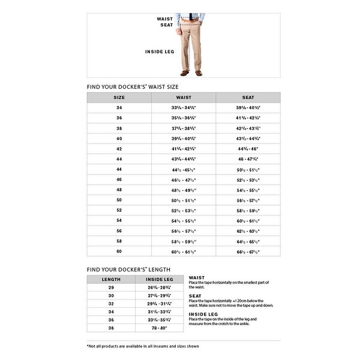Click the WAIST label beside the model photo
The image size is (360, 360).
(166, 19)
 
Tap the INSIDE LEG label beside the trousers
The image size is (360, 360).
(159, 52)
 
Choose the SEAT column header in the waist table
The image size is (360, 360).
(248, 97)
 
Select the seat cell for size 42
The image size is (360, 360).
(248, 149)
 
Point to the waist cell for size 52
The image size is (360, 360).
(184, 209)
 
